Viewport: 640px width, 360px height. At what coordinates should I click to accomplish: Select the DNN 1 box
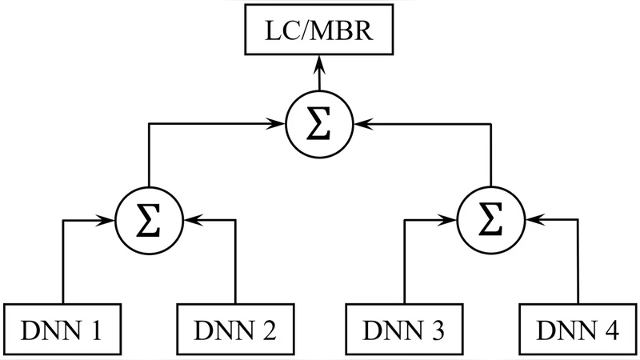[63, 330]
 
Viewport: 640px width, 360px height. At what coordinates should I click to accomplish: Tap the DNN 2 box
[234, 330]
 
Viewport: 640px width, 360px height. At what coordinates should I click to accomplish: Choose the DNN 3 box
[405, 330]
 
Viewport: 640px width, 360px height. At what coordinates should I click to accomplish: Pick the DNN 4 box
[576, 330]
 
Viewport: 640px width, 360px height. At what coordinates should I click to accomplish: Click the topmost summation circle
[319, 124]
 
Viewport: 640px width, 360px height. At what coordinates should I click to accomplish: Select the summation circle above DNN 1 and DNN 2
[149, 218]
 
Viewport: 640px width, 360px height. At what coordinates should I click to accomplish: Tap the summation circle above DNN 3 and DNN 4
[490, 218]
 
